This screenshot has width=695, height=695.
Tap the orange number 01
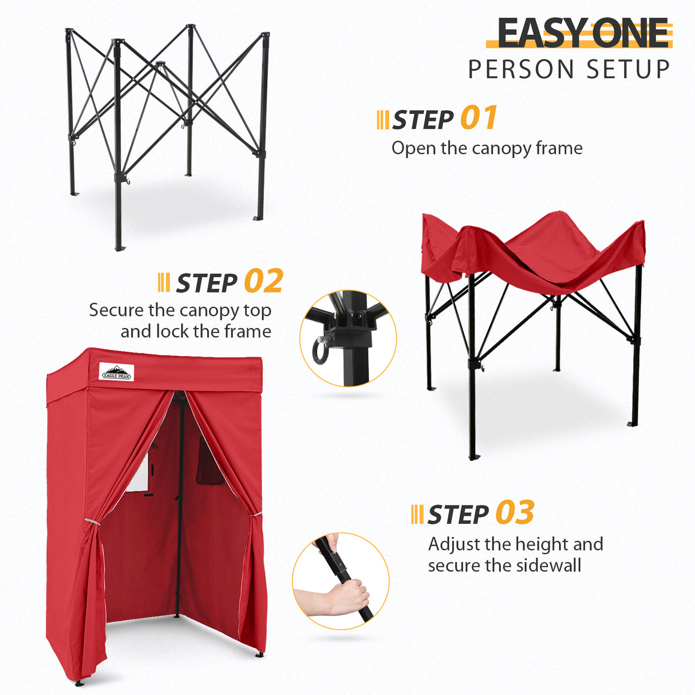point(479,119)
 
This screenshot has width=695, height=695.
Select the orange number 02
point(263,281)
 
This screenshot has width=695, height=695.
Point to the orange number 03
point(515,513)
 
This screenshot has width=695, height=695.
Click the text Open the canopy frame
point(487,148)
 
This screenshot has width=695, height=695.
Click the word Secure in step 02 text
point(116,310)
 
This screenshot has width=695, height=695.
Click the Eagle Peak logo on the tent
point(116,372)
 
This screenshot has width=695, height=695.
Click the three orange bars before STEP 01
point(382,120)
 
